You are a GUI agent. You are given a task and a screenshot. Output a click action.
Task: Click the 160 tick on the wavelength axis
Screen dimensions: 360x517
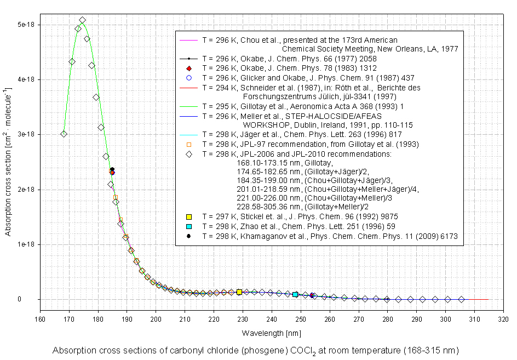[40, 316]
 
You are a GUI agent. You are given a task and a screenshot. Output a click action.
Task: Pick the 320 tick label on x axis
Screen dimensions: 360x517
[503, 316]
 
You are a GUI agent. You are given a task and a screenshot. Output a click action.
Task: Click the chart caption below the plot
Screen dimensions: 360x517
[255, 350]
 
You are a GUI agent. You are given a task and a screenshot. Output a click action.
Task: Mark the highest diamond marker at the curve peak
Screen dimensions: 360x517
[82, 21]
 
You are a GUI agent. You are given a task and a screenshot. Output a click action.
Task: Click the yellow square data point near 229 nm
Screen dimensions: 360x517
[239, 292]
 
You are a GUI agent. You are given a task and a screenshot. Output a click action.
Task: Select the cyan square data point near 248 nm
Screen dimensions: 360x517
[295, 294]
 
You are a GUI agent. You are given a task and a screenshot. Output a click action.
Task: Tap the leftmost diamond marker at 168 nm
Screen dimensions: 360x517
[64, 134]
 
